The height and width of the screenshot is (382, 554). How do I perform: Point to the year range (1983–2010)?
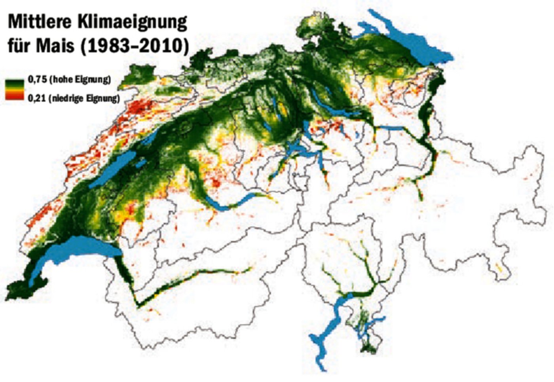[135, 46]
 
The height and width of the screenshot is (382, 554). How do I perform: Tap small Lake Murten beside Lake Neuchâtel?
[141, 162]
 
